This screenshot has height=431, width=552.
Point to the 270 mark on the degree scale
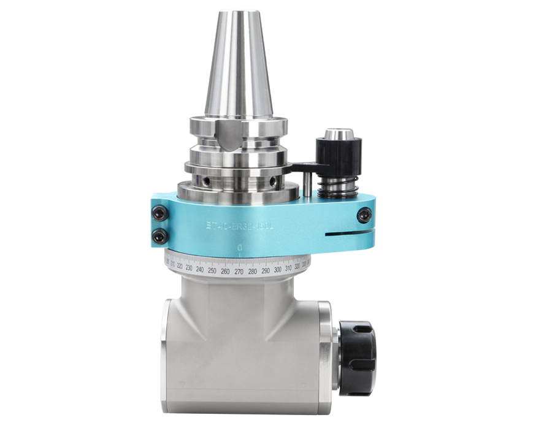click(239, 271)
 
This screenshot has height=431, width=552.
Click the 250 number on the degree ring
click(212, 270)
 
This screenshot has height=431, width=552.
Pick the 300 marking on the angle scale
click(277, 269)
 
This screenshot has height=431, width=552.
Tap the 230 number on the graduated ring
click(188, 268)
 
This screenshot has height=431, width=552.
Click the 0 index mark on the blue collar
click(240, 248)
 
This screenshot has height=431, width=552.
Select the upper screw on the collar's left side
click(159, 213)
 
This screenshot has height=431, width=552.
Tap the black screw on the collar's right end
click(364, 215)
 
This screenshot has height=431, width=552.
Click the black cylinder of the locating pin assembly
click(338, 156)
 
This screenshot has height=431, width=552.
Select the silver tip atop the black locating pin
click(338, 133)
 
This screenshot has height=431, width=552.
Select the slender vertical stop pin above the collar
click(305, 184)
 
